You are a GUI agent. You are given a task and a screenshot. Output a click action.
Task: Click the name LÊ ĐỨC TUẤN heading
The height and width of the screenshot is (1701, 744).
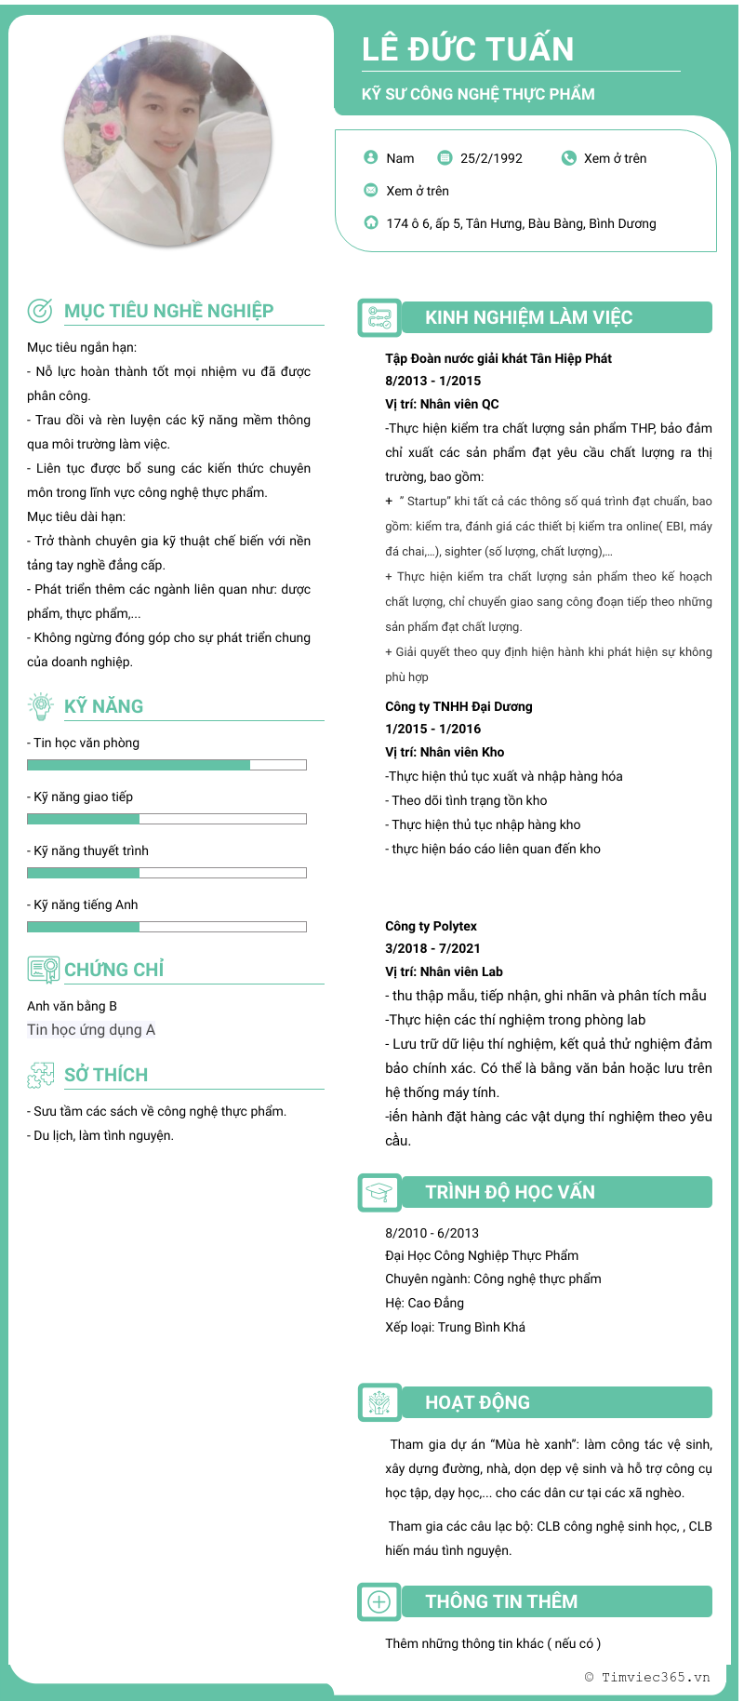[x=468, y=49]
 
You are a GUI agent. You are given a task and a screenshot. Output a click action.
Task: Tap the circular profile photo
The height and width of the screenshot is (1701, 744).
[x=168, y=141]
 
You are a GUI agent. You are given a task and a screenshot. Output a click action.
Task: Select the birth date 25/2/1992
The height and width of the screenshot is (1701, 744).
[x=491, y=158]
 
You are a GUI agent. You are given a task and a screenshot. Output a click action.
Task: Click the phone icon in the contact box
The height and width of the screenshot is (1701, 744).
[x=569, y=158]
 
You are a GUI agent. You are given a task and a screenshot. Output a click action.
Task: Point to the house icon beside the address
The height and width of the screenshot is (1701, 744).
[x=371, y=222]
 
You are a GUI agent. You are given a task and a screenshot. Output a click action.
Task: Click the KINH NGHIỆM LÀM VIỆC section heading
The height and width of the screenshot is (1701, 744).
[x=528, y=317]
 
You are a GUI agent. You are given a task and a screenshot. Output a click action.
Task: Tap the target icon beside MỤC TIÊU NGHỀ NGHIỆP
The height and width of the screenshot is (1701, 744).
[x=40, y=311]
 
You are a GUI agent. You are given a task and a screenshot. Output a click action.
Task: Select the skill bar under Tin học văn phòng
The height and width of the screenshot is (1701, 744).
[x=166, y=765]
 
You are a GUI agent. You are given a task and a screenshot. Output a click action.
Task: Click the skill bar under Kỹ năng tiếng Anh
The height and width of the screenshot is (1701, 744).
[x=166, y=927]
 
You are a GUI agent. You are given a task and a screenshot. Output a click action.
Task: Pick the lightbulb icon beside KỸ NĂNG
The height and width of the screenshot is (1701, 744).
[x=41, y=706]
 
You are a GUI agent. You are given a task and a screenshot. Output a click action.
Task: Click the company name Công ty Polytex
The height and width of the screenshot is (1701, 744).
[x=431, y=926]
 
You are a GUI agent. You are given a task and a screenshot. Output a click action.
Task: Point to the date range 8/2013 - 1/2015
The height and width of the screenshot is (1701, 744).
[x=432, y=381]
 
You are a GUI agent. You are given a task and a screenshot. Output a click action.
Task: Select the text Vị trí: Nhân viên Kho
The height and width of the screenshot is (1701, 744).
[x=445, y=752]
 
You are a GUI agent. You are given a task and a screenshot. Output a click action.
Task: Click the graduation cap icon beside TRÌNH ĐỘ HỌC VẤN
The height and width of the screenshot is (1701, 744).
[x=379, y=1192]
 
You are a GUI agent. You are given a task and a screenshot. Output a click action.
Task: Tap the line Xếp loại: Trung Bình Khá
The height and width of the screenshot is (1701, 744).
[x=455, y=1327]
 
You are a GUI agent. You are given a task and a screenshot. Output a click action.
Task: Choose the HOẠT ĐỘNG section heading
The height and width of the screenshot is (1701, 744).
[x=477, y=1402]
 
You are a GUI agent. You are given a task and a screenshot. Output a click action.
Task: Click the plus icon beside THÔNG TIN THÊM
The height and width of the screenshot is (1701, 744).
[x=379, y=1601]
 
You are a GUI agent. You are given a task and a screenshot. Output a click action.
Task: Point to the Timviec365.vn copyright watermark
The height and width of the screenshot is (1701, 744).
[x=647, y=1677]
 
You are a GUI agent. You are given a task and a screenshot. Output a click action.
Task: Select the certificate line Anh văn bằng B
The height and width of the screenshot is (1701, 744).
[x=72, y=1006]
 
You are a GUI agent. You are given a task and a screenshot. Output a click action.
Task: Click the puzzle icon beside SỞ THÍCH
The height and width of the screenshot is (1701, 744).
[x=41, y=1075]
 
